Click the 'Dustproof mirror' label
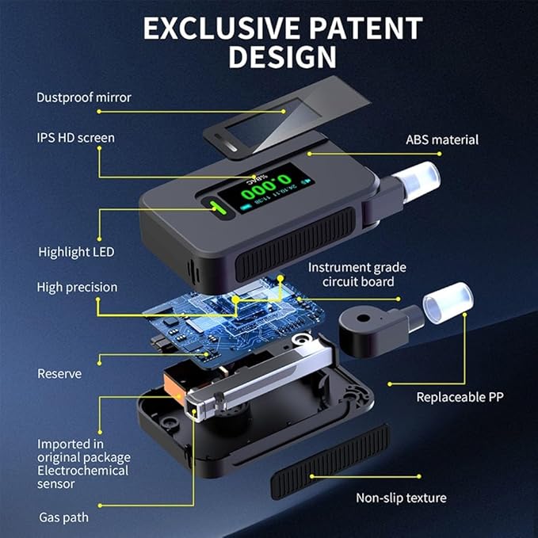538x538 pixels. click(x=84, y=97)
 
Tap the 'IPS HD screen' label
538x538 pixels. click(x=75, y=138)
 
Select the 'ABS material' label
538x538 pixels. click(x=442, y=139)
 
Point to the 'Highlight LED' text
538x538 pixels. click(x=76, y=252)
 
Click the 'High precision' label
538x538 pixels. click(x=77, y=287)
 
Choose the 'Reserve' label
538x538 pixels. click(x=59, y=374)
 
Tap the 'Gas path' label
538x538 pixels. click(x=64, y=517)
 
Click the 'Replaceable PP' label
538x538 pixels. click(x=460, y=397)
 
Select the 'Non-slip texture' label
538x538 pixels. click(x=401, y=498)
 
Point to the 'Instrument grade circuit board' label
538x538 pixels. click(x=357, y=274)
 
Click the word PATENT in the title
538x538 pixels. click(x=366, y=29)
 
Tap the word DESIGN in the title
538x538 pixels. click(x=282, y=56)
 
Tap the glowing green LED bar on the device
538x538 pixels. click(x=219, y=208)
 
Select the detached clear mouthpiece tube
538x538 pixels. click(x=448, y=303)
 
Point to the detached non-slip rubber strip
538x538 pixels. click(x=330, y=461)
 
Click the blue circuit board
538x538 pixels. click(x=233, y=321)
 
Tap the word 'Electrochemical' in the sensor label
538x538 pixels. click(x=82, y=471)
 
